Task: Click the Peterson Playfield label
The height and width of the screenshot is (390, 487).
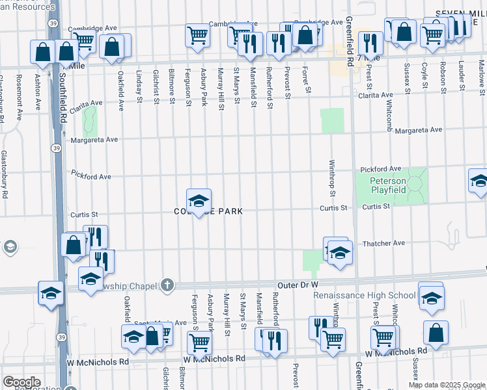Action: (389, 185)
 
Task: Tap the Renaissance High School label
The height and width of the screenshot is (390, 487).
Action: (364, 295)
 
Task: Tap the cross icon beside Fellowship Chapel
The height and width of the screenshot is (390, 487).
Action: (167, 285)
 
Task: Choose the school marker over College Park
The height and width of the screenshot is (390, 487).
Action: (199, 200)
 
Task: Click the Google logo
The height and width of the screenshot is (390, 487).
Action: (21, 382)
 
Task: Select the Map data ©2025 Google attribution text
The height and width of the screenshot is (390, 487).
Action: (446, 385)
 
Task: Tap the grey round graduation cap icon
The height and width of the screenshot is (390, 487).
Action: (10, 247)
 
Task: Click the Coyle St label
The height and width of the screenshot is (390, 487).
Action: (424, 75)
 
